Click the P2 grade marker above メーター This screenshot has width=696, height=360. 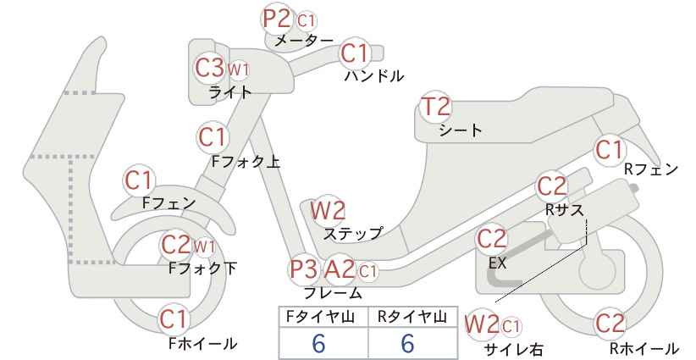pos(277,19)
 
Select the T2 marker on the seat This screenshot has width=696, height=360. pos(435,107)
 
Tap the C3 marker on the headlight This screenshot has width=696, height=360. pos(210,68)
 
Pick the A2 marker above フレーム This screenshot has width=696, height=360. pos(340,269)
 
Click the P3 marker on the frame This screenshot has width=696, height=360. pos(304,269)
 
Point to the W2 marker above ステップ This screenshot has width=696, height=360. pos(328,210)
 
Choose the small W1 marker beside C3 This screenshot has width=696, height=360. pos(239,69)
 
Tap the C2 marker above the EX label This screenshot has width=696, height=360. pos(491,239)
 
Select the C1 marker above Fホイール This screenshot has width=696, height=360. pos(174,319)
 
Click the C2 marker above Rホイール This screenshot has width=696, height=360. pos(610,324)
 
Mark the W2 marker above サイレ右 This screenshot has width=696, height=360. pos(482,325)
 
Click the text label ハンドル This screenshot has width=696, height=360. pos(374,76)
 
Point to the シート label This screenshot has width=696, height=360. pos(461,130)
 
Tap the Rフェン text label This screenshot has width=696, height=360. pos(651,169)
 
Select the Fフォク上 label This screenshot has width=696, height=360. pos(246,162)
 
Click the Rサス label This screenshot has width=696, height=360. pos(565,209)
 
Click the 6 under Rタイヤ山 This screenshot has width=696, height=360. pos(407,343)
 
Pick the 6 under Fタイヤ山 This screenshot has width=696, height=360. pos(318,343)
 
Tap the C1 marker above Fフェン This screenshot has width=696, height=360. pos(139,180)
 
